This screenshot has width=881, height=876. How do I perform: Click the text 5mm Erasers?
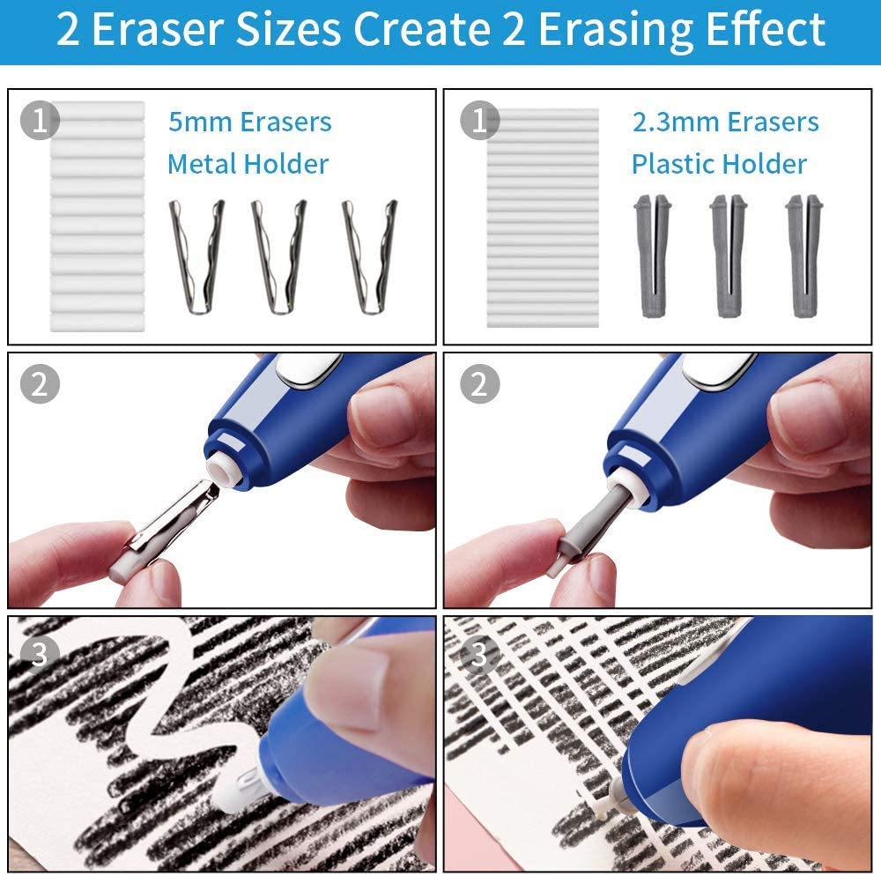coord(250,122)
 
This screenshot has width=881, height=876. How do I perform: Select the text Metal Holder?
coord(248,164)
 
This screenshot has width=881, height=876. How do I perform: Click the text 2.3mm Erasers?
coord(726,122)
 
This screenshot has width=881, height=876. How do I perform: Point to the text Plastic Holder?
coord(719,164)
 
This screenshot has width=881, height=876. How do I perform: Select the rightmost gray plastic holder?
coord(803,256)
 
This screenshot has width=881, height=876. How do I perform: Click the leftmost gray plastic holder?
coord(651,256)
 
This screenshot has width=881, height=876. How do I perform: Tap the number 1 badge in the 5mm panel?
coord(40,120)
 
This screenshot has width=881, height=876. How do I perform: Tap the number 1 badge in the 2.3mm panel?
coord(478,120)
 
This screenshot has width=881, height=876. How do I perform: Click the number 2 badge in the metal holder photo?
coord(40,383)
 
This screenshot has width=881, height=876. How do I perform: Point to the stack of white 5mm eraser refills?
coord(97,216)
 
